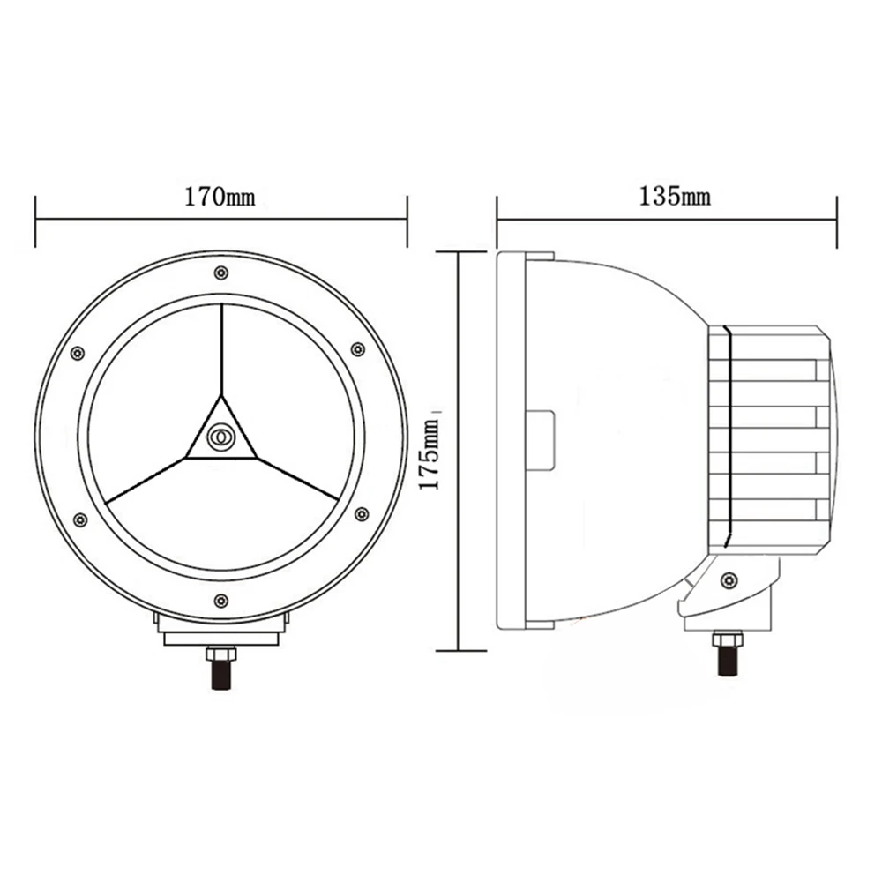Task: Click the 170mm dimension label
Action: click(220, 196)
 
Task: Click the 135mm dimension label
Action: click(675, 196)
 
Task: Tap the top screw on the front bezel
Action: click(220, 272)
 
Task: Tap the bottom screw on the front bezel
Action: click(220, 602)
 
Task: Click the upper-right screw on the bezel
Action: click(357, 349)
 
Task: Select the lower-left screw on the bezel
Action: click(80, 519)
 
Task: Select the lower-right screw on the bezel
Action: click(361, 513)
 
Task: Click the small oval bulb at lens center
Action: click(220, 436)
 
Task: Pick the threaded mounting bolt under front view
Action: click(220, 675)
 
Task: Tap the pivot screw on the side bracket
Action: click(728, 579)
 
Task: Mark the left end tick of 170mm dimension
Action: click(35, 221)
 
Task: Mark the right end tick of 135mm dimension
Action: click(836, 221)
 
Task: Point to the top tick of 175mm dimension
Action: click(460, 250)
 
